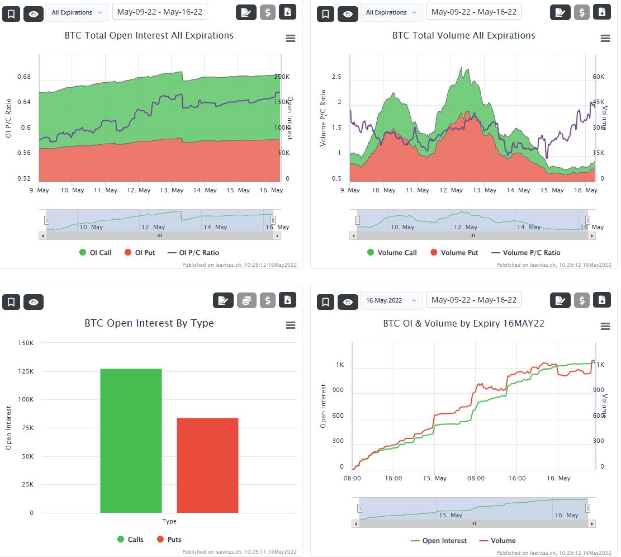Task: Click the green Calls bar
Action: click(x=131, y=440)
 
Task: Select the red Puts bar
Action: click(x=207, y=465)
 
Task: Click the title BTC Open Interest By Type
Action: click(x=149, y=323)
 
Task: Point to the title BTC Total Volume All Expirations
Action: click(x=464, y=36)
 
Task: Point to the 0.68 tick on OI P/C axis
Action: click(x=25, y=77)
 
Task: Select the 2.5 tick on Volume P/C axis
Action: click(x=336, y=77)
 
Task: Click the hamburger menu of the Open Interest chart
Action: click(x=290, y=39)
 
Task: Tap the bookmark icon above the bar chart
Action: click(x=11, y=302)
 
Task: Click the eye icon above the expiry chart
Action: click(x=348, y=302)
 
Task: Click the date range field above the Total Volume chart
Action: click(x=473, y=12)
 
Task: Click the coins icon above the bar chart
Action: click(x=247, y=300)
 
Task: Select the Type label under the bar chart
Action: click(x=169, y=521)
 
